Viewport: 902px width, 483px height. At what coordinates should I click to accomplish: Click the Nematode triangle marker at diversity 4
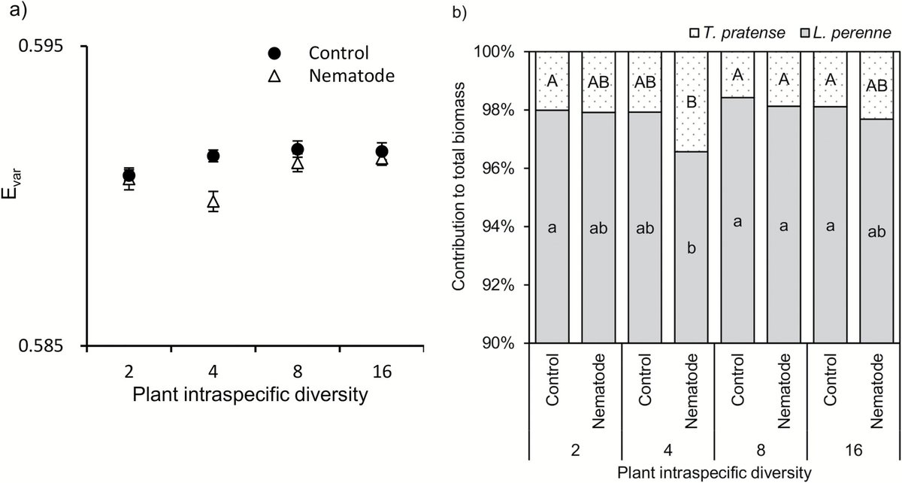[x=213, y=202]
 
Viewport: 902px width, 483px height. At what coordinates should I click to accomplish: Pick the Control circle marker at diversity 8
[x=298, y=150]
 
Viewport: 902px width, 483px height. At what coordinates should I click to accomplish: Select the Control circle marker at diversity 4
[x=213, y=156]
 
